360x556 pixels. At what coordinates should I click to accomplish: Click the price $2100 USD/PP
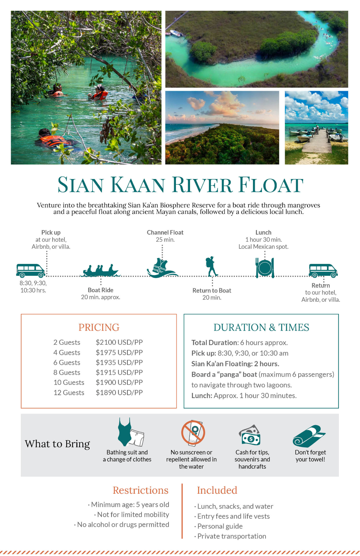point(119,342)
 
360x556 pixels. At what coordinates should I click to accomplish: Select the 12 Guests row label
point(69,393)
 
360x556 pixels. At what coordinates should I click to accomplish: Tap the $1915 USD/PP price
point(119,373)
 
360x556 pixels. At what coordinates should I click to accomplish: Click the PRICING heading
point(99,327)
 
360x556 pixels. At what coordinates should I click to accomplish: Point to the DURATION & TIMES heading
point(261,327)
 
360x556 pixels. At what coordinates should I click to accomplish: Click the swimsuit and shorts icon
point(130,433)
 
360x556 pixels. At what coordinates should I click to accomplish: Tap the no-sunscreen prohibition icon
point(193,433)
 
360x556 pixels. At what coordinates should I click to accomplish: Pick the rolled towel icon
point(309,436)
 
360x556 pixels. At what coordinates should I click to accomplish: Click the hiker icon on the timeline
point(211,266)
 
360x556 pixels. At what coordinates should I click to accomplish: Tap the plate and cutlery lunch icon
point(265,268)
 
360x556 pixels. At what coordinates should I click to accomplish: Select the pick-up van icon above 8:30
point(30,271)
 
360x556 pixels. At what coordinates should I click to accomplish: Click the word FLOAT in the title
point(270,185)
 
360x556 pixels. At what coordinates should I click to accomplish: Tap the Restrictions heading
point(140,490)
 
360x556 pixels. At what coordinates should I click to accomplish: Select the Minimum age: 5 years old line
point(130,504)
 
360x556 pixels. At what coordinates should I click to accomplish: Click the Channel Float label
point(165,232)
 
